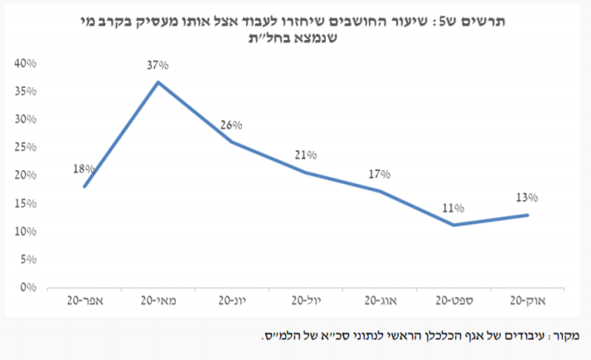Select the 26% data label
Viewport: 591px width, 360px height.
pyautogui.click(x=230, y=126)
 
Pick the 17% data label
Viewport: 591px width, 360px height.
pyautogui.click(x=379, y=175)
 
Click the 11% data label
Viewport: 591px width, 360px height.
pyautogui.click(x=453, y=208)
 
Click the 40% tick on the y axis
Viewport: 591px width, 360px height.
pyautogui.click(x=26, y=63)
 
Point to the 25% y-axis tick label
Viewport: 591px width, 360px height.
pyautogui.click(x=26, y=148)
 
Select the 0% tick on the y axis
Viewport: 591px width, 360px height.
pyautogui.click(x=29, y=288)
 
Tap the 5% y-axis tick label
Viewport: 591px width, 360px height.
pyautogui.click(x=29, y=260)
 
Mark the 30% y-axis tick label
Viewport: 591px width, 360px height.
pyautogui.click(x=26, y=119)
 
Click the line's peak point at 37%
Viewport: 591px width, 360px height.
pyautogui.click(x=157, y=81)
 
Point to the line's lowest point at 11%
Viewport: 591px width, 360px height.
pyautogui.click(x=453, y=225)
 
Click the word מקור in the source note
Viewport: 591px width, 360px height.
pyautogui.click(x=567, y=336)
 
